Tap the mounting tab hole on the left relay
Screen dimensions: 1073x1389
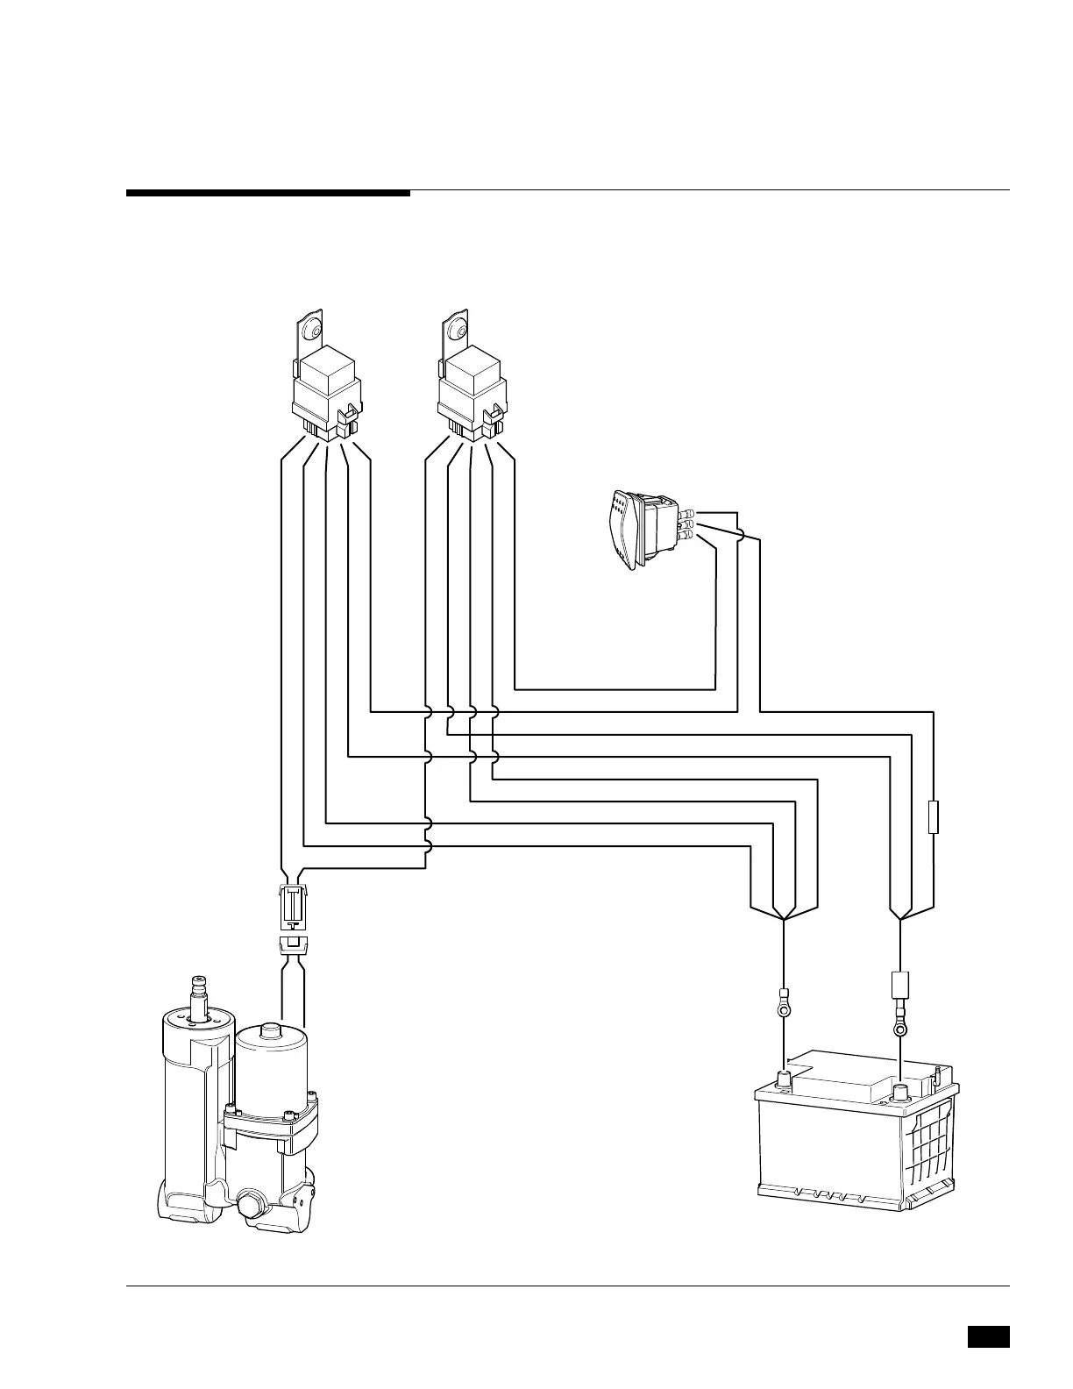tap(309, 331)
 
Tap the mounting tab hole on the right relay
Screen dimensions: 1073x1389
tap(456, 330)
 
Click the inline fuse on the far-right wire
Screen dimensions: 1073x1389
tap(934, 816)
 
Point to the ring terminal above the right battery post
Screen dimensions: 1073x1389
tap(899, 1022)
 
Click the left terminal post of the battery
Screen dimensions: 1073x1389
tap(783, 1078)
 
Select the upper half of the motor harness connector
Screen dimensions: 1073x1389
tap(293, 907)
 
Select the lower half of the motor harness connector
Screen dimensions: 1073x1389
tap(293, 946)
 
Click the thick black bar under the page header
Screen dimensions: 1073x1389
tap(267, 193)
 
